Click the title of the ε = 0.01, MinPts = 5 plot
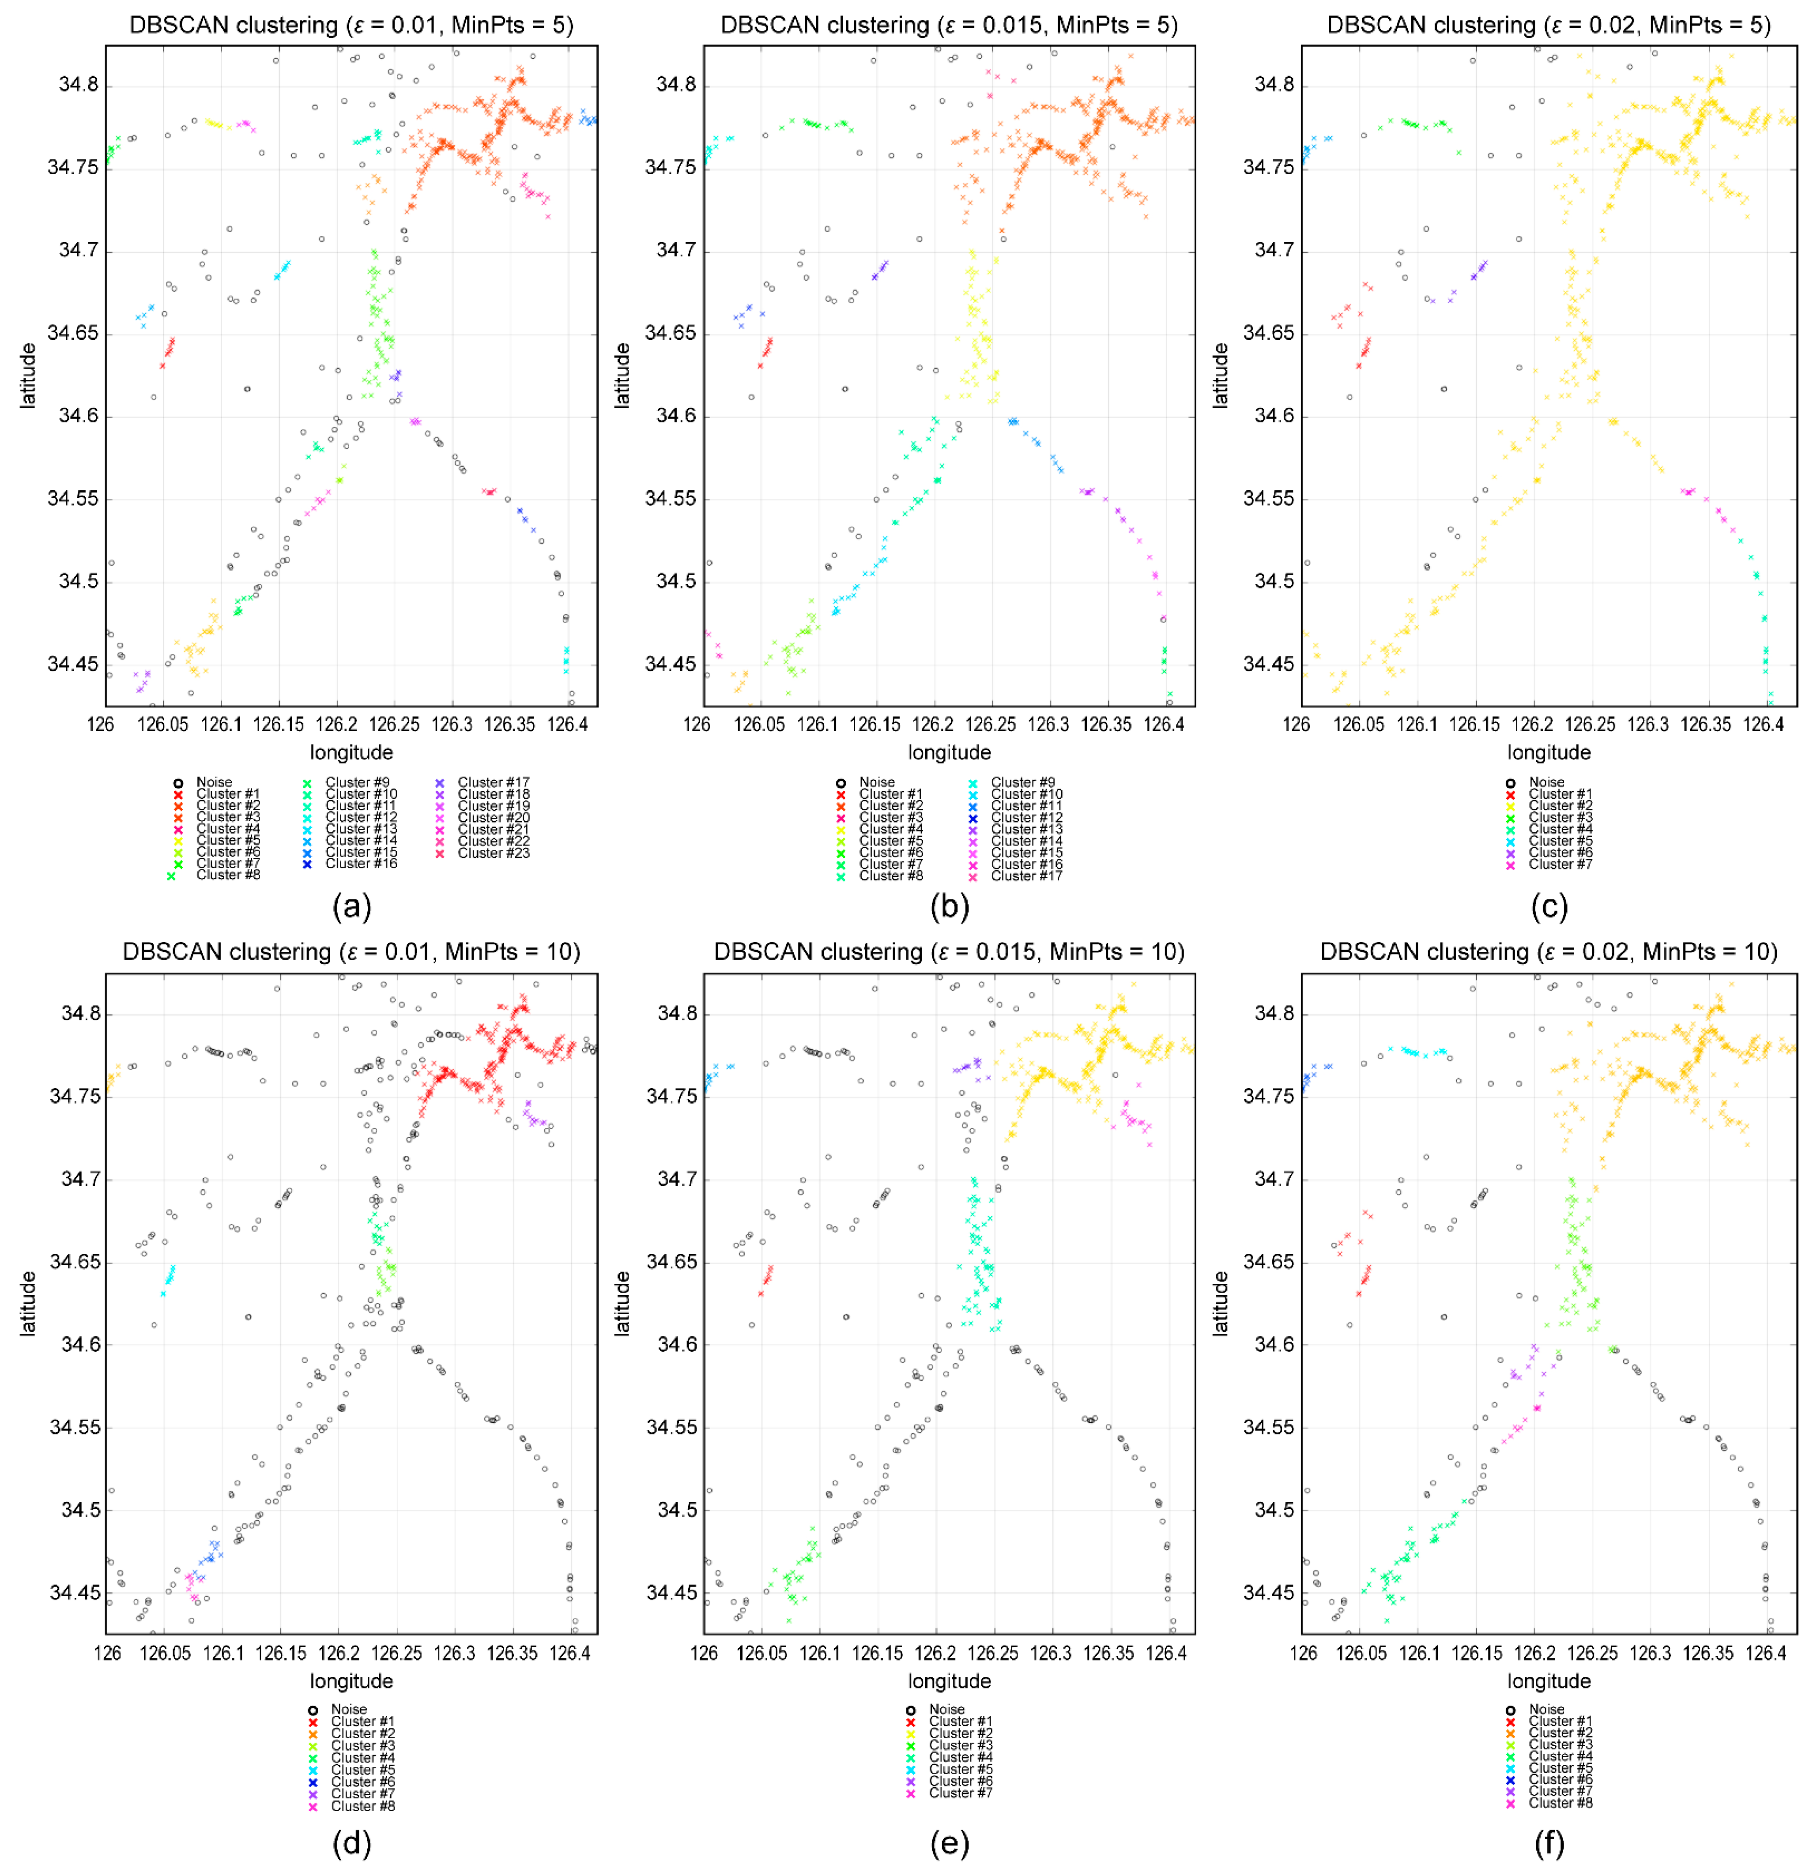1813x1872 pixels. [351, 25]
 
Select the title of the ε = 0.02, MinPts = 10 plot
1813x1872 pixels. [1549, 952]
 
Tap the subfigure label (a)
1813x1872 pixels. [351, 906]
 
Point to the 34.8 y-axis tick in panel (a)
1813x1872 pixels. [78, 85]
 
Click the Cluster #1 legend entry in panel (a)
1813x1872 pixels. [227, 794]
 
